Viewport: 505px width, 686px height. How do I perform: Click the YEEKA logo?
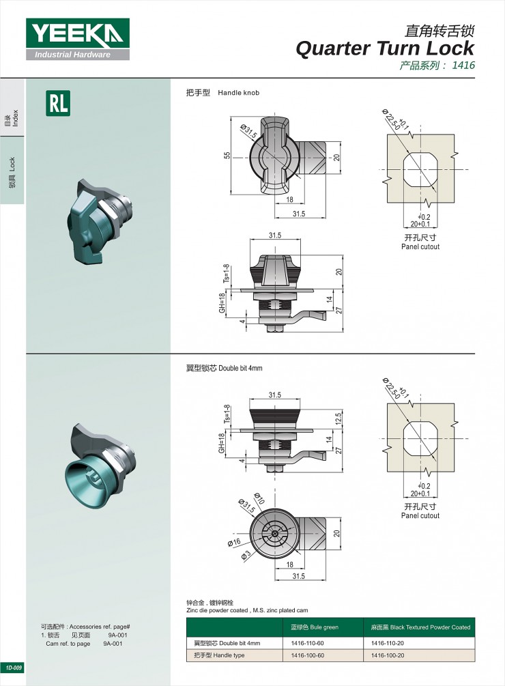click(x=78, y=39)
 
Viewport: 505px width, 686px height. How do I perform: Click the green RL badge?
click(x=58, y=103)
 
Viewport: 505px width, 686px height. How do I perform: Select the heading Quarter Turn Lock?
click(x=385, y=48)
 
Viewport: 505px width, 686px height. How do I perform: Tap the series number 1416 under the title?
click(x=463, y=66)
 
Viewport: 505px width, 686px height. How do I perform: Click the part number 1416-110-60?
click(x=307, y=643)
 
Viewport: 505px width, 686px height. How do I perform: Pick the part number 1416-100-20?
click(x=388, y=655)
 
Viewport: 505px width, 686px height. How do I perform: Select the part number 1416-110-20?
click(x=388, y=643)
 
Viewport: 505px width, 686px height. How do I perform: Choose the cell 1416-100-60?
click(x=307, y=655)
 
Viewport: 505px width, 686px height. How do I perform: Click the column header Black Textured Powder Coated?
click(x=430, y=627)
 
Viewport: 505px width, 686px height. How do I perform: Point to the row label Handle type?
click(x=229, y=655)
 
